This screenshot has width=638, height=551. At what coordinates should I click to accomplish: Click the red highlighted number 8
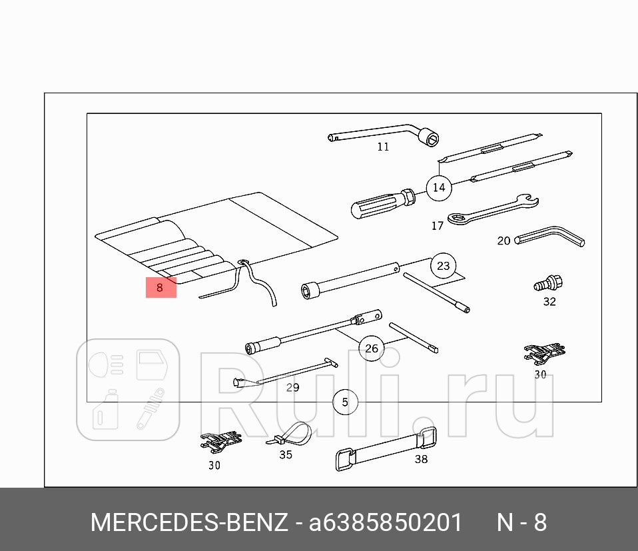point(160,288)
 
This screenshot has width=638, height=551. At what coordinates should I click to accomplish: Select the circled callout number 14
point(438,187)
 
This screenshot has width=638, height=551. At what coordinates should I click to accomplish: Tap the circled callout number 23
point(444,266)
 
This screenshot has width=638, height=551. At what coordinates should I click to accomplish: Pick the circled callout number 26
point(372,348)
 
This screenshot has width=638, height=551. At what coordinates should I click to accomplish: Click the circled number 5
point(345,402)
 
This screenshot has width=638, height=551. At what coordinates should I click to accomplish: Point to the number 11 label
point(383,147)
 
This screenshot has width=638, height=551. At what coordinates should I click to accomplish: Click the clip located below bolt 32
point(545,353)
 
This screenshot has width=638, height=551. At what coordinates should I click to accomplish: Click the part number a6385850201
point(385,523)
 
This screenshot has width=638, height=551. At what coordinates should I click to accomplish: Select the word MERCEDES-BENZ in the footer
point(189,523)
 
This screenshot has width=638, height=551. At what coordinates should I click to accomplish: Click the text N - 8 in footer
point(521,523)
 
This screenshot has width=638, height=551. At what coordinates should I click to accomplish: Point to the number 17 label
point(437,226)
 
